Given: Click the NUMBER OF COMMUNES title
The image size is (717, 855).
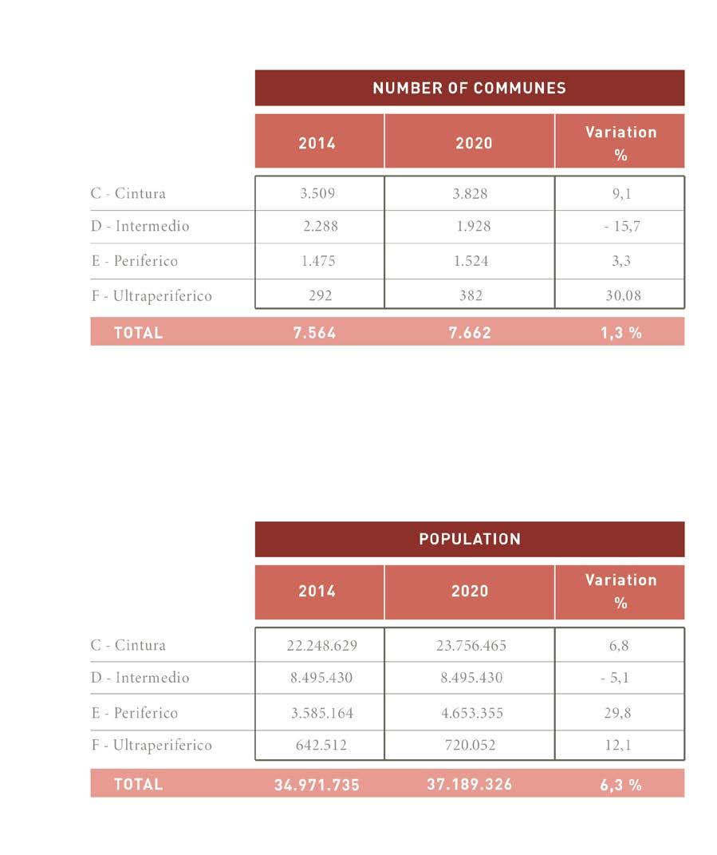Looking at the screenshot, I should (469, 88).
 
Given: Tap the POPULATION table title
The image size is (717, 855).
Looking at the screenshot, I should (469, 539).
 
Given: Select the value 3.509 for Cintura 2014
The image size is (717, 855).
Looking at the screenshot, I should (320, 193).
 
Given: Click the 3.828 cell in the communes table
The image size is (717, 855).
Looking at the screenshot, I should (471, 193).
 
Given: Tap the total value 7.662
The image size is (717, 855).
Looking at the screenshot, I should (470, 333).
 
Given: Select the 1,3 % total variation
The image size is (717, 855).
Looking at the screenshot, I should (621, 333).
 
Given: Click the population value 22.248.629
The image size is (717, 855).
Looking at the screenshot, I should (322, 645).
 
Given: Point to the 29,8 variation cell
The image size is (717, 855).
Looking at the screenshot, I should (619, 713).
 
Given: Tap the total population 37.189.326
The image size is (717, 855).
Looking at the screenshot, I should (470, 785).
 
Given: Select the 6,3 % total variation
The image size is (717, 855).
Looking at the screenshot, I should (621, 785).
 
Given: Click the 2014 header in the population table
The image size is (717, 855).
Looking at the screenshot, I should (317, 592).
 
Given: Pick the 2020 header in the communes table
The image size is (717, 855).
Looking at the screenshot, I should (473, 143).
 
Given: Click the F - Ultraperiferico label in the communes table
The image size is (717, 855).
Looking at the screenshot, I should (152, 295).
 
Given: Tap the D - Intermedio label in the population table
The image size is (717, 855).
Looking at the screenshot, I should (140, 678).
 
